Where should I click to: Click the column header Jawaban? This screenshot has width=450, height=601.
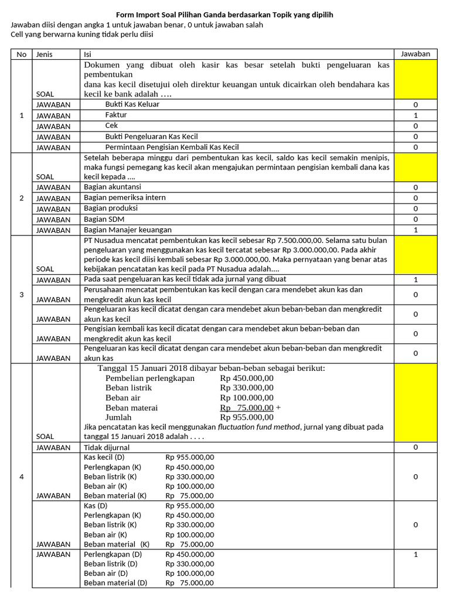(x=415, y=54)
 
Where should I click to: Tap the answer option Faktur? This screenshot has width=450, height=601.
(x=116, y=115)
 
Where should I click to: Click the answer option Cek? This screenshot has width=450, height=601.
(x=111, y=126)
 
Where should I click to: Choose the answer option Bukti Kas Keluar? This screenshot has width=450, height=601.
(x=132, y=104)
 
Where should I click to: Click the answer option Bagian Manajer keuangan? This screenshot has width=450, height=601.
(x=128, y=230)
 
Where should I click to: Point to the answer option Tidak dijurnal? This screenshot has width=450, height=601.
(x=107, y=448)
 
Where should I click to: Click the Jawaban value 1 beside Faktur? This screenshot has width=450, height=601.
(x=415, y=115)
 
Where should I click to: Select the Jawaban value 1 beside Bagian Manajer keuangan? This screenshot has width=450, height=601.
(x=415, y=230)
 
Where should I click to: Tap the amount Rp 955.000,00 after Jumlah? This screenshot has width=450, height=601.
(x=247, y=417)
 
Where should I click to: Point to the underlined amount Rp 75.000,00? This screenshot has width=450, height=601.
(x=247, y=407)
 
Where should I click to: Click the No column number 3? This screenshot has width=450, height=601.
(x=22, y=295)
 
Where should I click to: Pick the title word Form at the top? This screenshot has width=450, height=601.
(x=125, y=15)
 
